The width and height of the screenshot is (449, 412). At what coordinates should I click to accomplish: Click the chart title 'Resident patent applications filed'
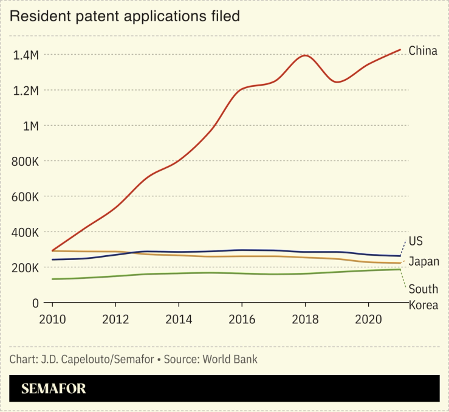[125, 16]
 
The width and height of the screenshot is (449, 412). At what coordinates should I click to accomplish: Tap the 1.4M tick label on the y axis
[26, 55]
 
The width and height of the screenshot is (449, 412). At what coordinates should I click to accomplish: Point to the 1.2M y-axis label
[26, 91]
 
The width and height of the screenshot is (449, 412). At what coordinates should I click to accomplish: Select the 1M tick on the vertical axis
[30, 126]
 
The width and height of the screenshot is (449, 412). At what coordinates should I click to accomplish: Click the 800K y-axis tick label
[25, 162]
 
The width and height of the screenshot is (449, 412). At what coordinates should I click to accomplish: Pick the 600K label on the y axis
[25, 197]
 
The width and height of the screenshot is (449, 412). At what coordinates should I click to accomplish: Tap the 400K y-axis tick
[25, 233]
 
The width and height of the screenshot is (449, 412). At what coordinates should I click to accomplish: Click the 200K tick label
[25, 268]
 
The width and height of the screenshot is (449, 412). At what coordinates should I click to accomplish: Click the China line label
[423, 50]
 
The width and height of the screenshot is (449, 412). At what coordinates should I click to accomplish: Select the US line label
[416, 241]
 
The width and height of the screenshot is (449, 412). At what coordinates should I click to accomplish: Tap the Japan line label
[423, 262]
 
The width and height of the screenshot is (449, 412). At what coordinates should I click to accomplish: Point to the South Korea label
[423, 297]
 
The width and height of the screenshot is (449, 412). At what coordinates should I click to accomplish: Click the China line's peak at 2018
[305, 56]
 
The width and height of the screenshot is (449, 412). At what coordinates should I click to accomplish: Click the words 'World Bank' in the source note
[231, 359]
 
